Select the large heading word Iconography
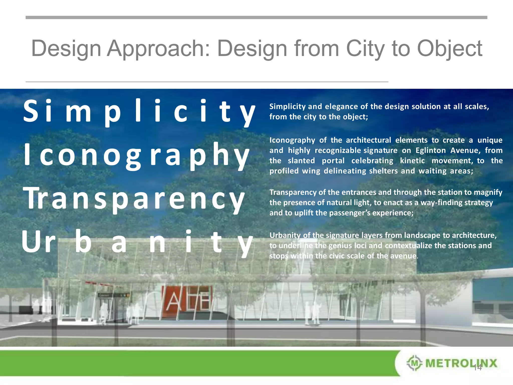pos(137,155)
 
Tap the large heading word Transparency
pos(134,199)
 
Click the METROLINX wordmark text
pos(461,363)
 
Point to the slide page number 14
pos(478,368)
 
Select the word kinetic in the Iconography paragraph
pos(412,161)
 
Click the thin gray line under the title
pos(207,82)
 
